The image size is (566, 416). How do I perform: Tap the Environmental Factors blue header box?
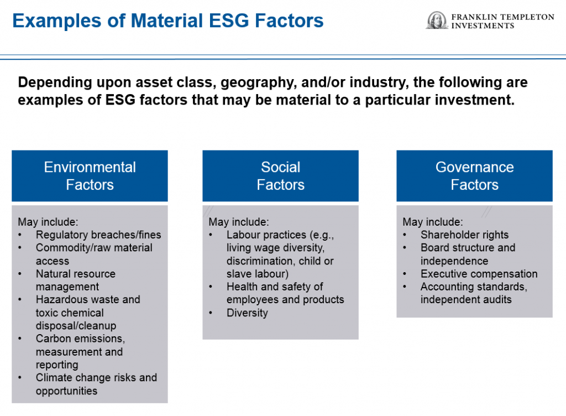click(x=90, y=176)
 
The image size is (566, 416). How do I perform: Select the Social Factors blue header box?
click(x=280, y=176)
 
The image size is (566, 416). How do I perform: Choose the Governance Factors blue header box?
click(x=474, y=176)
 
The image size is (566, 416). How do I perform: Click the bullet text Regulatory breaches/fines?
click(x=98, y=235)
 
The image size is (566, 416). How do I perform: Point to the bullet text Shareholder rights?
click(x=464, y=235)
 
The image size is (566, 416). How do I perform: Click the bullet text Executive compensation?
click(x=479, y=274)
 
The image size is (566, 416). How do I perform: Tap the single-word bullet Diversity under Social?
click(x=247, y=313)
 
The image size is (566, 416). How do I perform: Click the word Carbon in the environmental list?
click(x=51, y=339)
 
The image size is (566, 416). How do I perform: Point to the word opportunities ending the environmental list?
click(x=66, y=391)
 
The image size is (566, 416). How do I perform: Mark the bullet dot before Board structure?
click(x=405, y=248)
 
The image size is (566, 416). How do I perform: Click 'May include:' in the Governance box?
click(x=432, y=222)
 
